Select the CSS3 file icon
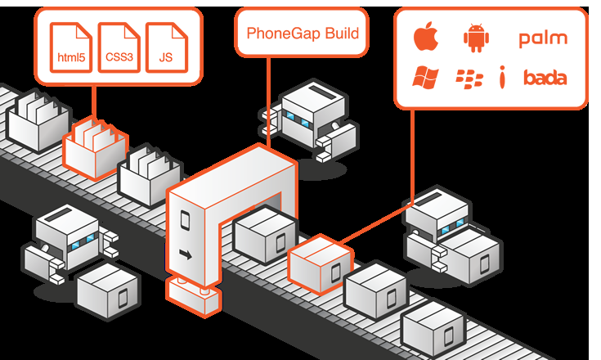click(x=119, y=47)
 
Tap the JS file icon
click(x=167, y=47)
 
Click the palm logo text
click(x=542, y=38)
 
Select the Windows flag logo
click(x=424, y=78)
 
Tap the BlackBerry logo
click(x=469, y=79)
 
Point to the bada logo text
click(x=545, y=79)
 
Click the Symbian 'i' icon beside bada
click(x=503, y=78)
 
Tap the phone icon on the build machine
click(x=185, y=219)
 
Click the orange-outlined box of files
click(x=94, y=147)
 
